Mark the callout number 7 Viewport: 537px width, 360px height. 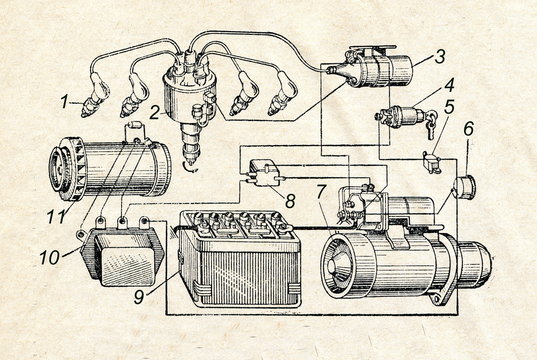pyautogui.click(x=320, y=189)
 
